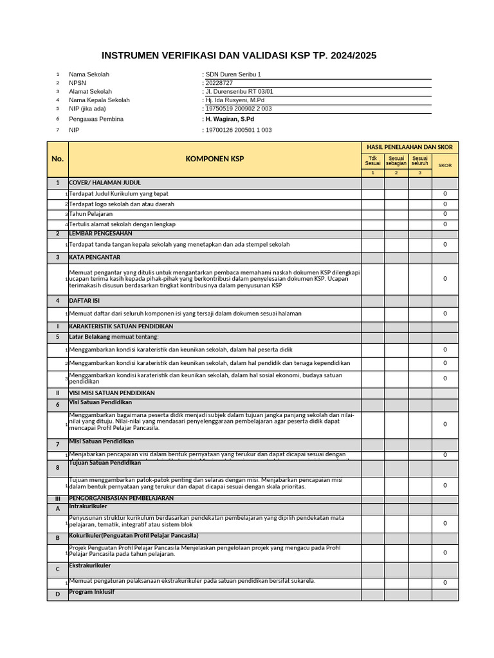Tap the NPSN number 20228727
coord(219,83)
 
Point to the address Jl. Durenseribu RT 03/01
coord(239,92)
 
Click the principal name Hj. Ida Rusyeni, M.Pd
coord(235,100)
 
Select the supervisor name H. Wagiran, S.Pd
coord(230,119)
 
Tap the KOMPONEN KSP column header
coord(215,159)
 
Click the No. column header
coord(57,159)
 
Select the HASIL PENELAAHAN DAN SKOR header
coord(410,147)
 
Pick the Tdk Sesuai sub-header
coord(372,161)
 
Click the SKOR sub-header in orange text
coord(445,165)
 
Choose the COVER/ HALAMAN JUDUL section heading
coord(105,182)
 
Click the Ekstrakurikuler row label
coord(90,565)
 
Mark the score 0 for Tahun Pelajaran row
coord(445,214)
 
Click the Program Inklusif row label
coord(91,592)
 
